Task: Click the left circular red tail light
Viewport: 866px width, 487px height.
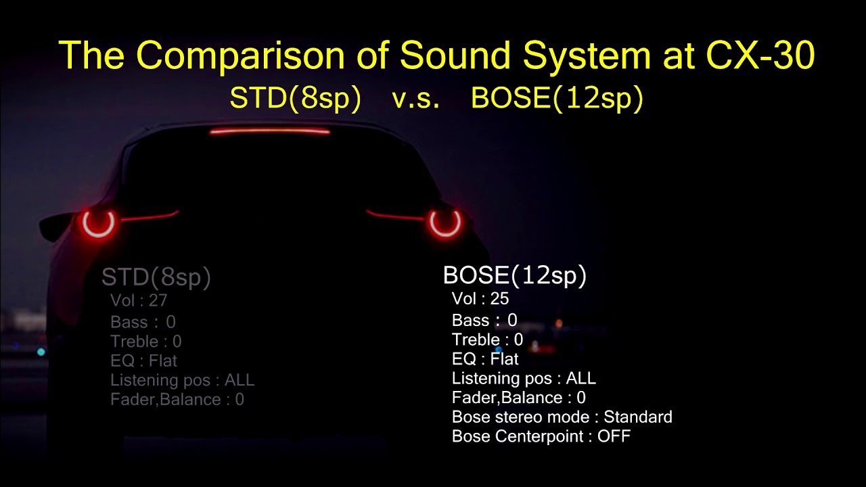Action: tap(98, 224)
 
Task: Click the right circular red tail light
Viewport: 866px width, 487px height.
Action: tap(445, 223)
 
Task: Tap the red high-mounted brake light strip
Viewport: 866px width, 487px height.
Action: tap(270, 131)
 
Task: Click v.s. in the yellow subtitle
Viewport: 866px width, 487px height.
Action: tap(416, 99)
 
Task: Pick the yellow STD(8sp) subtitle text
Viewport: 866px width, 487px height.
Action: tap(295, 99)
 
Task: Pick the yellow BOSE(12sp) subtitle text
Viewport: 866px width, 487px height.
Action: tap(556, 99)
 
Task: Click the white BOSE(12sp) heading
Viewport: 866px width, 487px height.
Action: tap(514, 275)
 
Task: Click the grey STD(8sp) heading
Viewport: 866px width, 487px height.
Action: tap(156, 277)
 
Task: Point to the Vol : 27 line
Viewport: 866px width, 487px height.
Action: tap(139, 300)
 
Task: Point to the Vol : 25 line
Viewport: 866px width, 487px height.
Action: tap(480, 298)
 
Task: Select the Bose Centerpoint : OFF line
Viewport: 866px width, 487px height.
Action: tap(541, 436)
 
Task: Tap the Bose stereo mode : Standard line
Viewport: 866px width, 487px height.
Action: tap(562, 417)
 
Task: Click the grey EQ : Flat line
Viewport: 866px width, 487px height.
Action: tap(143, 361)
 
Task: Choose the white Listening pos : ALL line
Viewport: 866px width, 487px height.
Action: tap(524, 378)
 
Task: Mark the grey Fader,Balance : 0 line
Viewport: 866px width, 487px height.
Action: tap(177, 400)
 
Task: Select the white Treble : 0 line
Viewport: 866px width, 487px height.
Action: tap(487, 339)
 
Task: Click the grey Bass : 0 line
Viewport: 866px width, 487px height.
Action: tap(143, 322)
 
